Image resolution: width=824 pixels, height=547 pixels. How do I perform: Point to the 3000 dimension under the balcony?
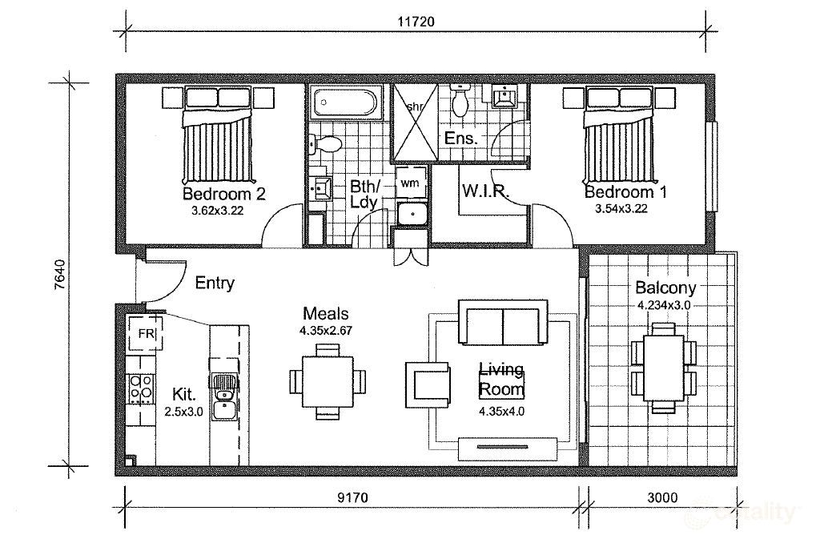click(660, 498)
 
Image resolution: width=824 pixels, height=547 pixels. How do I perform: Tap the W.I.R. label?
click(481, 191)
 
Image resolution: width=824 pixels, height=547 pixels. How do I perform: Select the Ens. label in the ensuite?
click(461, 139)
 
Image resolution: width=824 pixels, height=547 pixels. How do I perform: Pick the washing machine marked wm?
click(409, 183)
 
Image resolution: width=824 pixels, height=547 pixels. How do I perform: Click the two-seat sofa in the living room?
click(502, 322)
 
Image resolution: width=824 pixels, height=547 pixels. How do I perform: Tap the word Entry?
click(215, 283)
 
